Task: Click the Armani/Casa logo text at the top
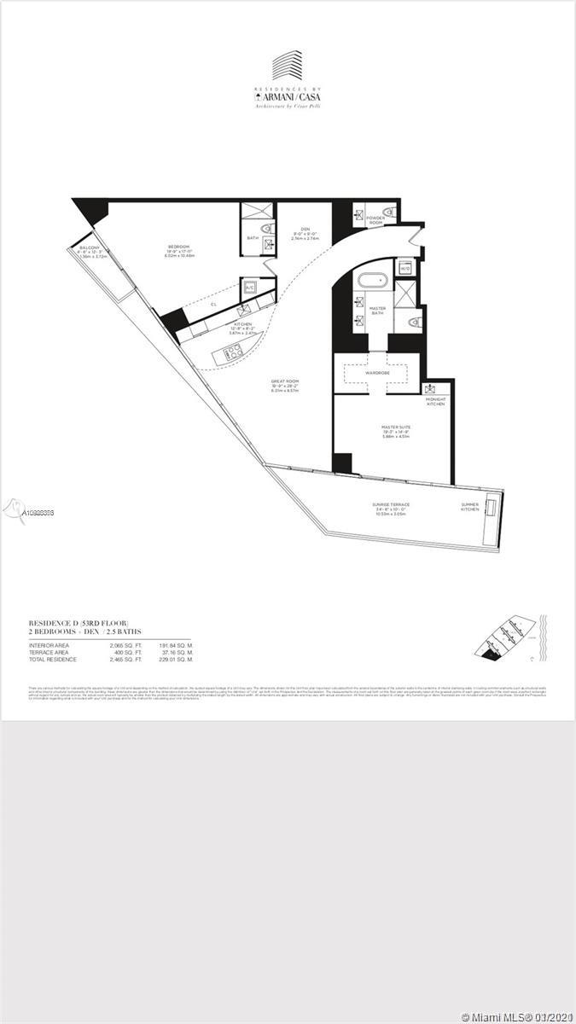coord(288,96)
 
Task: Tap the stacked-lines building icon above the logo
coord(288,67)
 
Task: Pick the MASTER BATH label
coord(376,311)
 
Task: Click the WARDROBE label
coord(377,372)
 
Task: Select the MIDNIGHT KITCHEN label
coord(436,401)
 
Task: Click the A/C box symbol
coord(250,288)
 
